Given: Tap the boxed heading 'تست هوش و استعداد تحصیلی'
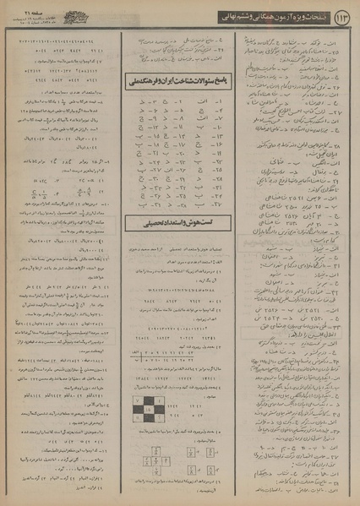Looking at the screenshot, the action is coord(178,223).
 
